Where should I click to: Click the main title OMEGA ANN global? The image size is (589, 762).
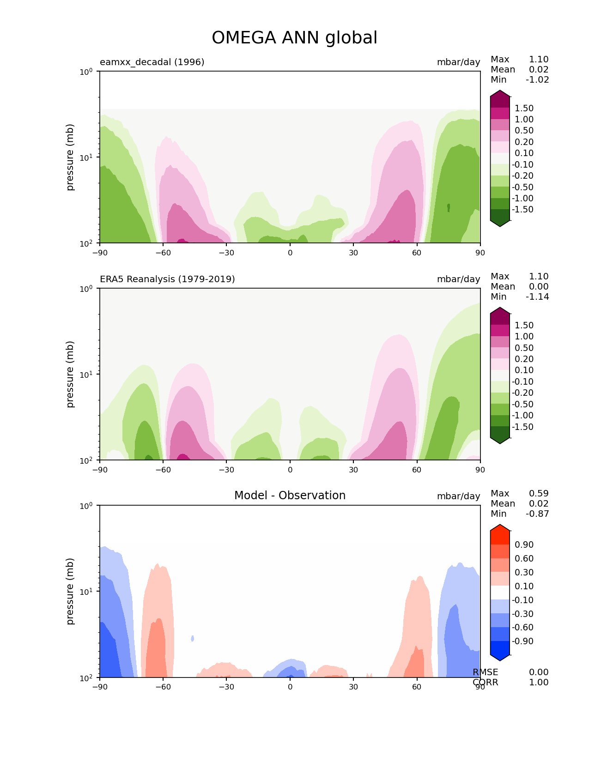(x=294, y=38)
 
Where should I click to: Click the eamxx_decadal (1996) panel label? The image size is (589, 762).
(x=152, y=62)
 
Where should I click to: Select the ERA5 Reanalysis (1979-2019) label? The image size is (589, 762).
(x=167, y=279)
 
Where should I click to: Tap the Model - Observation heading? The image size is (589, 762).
(x=290, y=496)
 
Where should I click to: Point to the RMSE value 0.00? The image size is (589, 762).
(x=539, y=672)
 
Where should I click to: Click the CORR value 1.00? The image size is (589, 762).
(x=539, y=682)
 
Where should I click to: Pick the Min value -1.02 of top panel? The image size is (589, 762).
(x=537, y=79)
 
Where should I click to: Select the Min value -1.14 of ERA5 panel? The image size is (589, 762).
(x=537, y=296)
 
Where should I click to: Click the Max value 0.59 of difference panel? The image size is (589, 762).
(x=539, y=493)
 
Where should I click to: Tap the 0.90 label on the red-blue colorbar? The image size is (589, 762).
(x=524, y=544)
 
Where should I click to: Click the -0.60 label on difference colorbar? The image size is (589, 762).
(x=522, y=627)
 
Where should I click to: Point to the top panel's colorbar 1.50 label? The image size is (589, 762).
(x=524, y=108)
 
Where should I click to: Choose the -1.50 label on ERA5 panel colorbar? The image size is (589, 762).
(x=522, y=427)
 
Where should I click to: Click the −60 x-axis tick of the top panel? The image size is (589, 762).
(x=163, y=253)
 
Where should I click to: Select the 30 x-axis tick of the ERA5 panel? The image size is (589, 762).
(x=353, y=470)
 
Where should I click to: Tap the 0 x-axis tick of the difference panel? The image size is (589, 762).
(x=290, y=687)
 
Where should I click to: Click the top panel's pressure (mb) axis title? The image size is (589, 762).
(x=70, y=157)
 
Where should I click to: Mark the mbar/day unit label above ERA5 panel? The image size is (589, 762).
(x=458, y=279)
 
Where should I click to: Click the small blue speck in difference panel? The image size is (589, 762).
(x=193, y=638)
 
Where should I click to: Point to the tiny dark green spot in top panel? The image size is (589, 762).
(x=449, y=207)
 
